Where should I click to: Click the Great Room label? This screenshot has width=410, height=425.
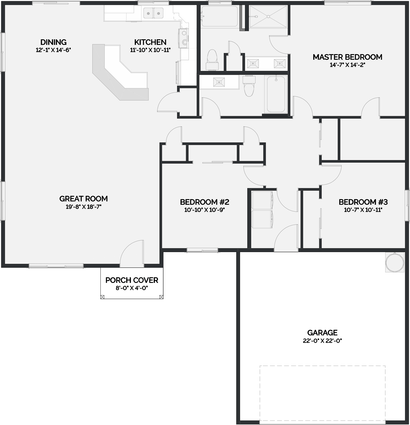84,199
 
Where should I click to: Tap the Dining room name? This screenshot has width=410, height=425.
53,42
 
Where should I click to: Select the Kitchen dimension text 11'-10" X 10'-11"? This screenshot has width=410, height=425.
150,50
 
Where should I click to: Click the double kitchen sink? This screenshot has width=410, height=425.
153,13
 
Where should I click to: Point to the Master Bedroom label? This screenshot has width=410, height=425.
347,57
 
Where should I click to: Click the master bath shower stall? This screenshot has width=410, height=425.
268,16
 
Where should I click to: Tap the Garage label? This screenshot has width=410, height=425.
322,333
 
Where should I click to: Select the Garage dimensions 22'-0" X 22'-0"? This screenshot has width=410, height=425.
322,341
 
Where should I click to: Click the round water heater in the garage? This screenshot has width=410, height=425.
395,262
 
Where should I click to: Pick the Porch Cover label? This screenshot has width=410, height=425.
132,280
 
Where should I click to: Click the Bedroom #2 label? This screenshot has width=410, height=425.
204,202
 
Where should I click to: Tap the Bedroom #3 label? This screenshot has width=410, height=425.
363,202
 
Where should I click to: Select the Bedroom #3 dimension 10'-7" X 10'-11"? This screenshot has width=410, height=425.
363,210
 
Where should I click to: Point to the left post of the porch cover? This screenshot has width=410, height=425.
102,297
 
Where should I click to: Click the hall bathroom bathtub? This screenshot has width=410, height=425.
276,94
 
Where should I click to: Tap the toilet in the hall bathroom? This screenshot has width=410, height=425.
249,86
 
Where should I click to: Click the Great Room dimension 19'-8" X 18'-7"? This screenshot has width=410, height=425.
84,207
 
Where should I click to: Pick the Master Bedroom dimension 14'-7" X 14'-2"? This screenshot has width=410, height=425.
347,65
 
